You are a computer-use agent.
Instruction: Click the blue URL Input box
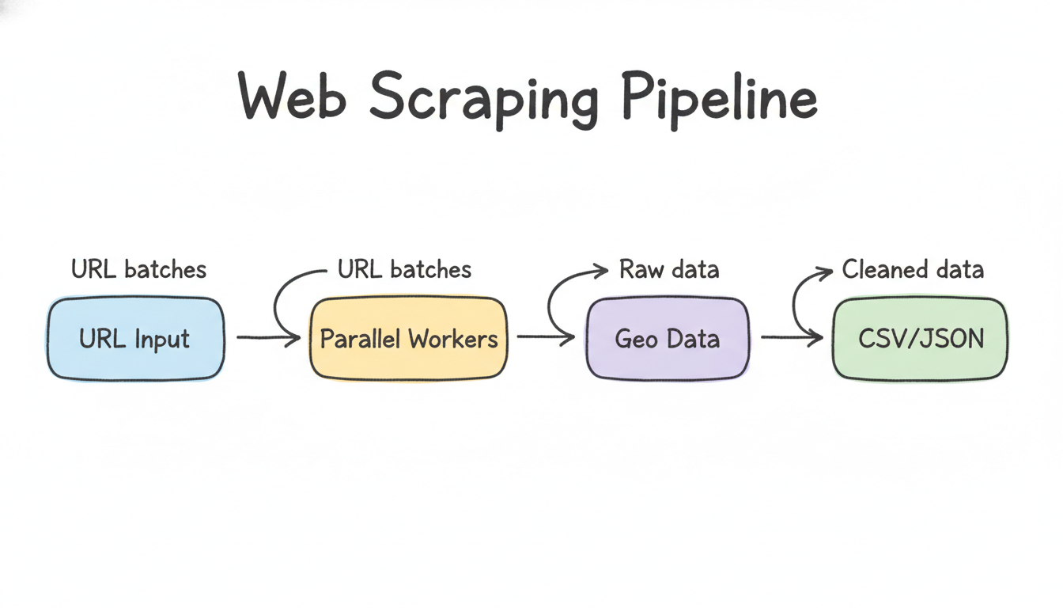click(x=135, y=339)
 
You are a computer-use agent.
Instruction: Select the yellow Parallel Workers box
click(x=408, y=339)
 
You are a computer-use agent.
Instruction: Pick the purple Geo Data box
click(x=668, y=339)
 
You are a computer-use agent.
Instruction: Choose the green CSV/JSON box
click(x=920, y=339)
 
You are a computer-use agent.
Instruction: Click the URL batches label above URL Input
click(x=138, y=269)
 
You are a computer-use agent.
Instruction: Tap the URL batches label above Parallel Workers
click(x=404, y=269)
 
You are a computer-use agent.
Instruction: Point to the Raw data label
click(x=669, y=269)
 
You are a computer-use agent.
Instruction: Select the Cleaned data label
click(x=913, y=269)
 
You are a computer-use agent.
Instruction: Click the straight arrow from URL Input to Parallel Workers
click(x=267, y=338)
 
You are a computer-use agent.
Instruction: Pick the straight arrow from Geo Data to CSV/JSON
click(x=791, y=338)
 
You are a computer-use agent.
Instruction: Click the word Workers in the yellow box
click(x=454, y=340)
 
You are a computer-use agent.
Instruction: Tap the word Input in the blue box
click(x=162, y=340)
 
